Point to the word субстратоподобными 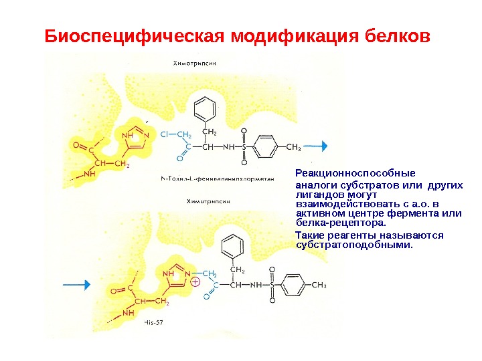pyautogui.click(x=355, y=245)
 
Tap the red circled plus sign pyautogui.click(x=196, y=282)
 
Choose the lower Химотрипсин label pyautogui.click(x=209, y=200)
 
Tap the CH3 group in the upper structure pyautogui.click(x=294, y=146)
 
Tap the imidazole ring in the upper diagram pyautogui.click(x=134, y=136)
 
